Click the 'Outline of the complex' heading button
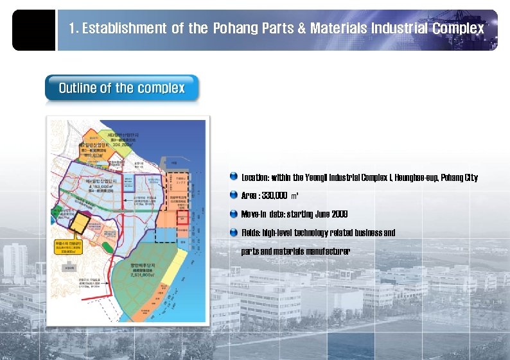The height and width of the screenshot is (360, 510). tap(122, 89)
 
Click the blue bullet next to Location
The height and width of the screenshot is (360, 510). tap(234, 176)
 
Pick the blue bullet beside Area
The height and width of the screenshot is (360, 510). tap(234, 195)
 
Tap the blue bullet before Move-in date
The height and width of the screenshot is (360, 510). tap(234, 214)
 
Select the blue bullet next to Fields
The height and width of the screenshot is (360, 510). tap(234, 232)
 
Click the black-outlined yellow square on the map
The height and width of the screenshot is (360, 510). tap(80, 223)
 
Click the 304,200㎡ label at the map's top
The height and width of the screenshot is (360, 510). tap(125, 145)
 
